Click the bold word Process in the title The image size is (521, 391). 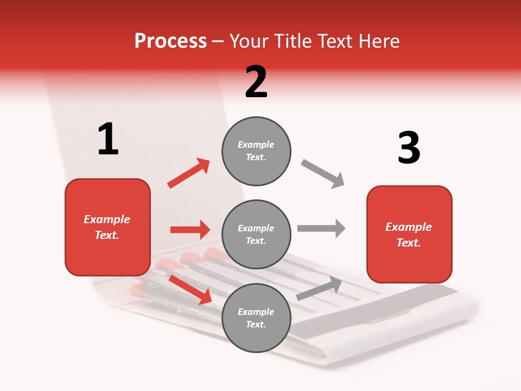(170, 41)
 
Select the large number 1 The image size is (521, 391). (108, 140)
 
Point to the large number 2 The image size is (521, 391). (256, 82)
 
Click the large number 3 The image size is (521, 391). (409, 148)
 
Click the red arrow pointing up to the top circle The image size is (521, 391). (189, 173)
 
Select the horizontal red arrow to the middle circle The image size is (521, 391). (190, 230)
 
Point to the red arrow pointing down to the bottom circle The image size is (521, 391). (190, 289)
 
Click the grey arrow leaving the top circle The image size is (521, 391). (323, 174)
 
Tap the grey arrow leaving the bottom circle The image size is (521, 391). (319, 288)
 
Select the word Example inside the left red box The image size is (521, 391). (107, 219)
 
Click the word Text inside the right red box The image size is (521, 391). (408, 243)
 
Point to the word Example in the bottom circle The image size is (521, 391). (256, 312)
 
